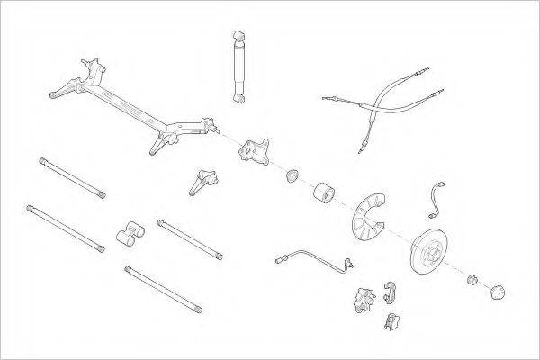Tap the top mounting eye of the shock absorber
tap(238, 32)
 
